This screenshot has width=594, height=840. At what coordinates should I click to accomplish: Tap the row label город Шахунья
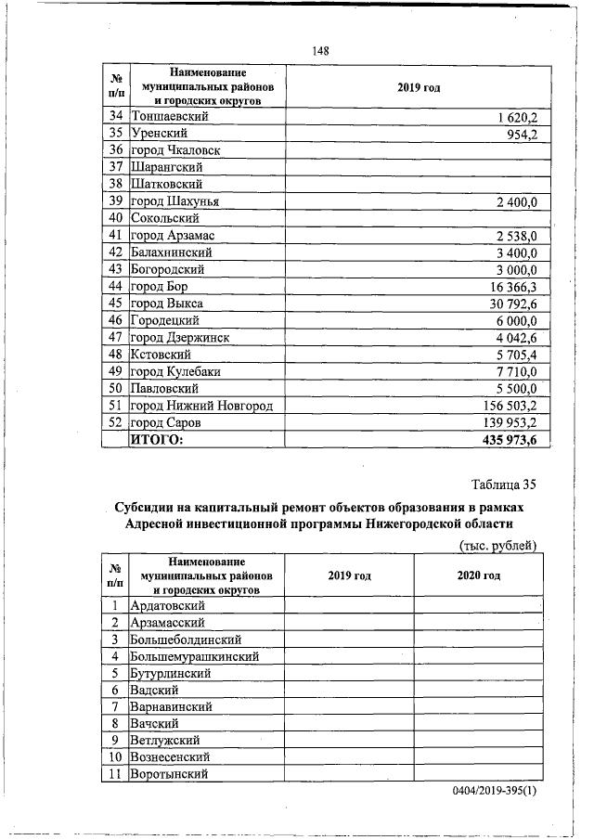[175, 201]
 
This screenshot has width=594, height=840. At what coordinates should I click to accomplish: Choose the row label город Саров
[167, 422]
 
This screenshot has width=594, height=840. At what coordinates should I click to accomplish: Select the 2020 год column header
[478, 576]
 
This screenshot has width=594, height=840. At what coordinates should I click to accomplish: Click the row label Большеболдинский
[187, 640]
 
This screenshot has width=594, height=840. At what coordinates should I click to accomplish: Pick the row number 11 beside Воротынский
[116, 774]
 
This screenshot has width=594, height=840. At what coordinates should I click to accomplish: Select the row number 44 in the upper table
[116, 287]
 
